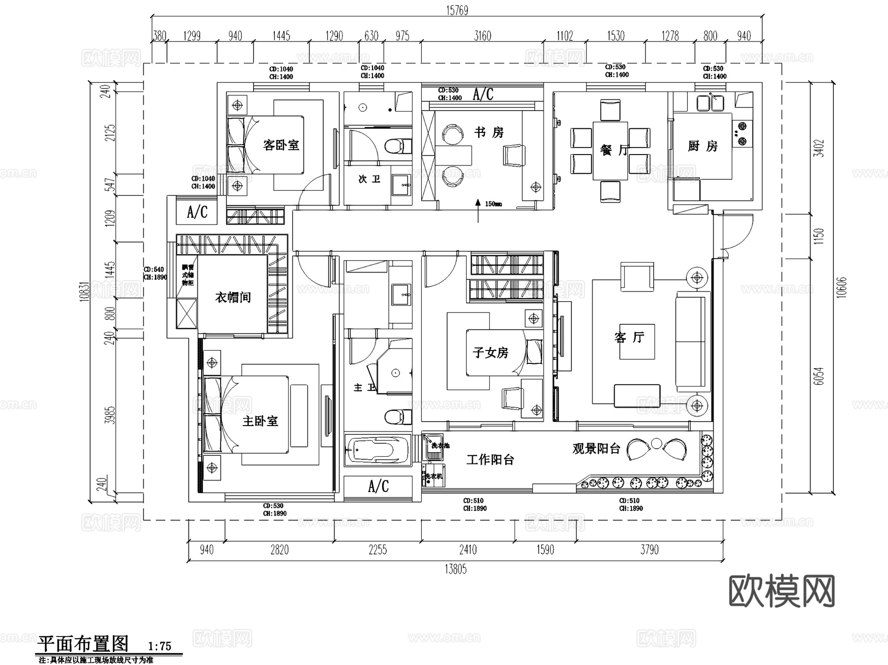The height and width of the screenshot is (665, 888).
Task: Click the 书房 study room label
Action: click(x=489, y=132)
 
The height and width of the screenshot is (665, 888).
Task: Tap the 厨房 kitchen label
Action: click(x=703, y=146)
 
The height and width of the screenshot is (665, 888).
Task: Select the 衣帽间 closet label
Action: click(x=233, y=297)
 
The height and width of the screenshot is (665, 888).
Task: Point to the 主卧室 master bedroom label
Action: click(x=260, y=421)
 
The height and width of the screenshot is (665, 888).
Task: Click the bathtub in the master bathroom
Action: click(x=378, y=450)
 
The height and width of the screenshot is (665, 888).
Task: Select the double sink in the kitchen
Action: click(x=710, y=103)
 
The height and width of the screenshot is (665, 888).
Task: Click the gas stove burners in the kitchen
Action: click(x=741, y=134)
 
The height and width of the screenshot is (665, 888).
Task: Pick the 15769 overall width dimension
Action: click(x=457, y=10)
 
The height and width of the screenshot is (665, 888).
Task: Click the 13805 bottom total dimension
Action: click(x=455, y=569)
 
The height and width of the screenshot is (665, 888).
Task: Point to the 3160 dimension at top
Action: click(x=482, y=36)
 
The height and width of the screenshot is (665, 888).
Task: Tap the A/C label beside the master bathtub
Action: click(x=378, y=487)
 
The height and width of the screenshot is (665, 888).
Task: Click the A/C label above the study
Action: click(x=482, y=94)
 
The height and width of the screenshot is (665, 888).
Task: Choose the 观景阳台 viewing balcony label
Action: click(x=596, y=448)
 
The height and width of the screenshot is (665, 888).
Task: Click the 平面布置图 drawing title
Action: click(x=83, y=644)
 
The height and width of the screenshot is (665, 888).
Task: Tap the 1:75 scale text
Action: click(x=159, y=646)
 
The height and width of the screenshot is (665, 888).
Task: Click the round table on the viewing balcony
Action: click(x=656, y=443)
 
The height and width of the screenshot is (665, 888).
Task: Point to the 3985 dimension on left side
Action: click(x=111, y=415)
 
